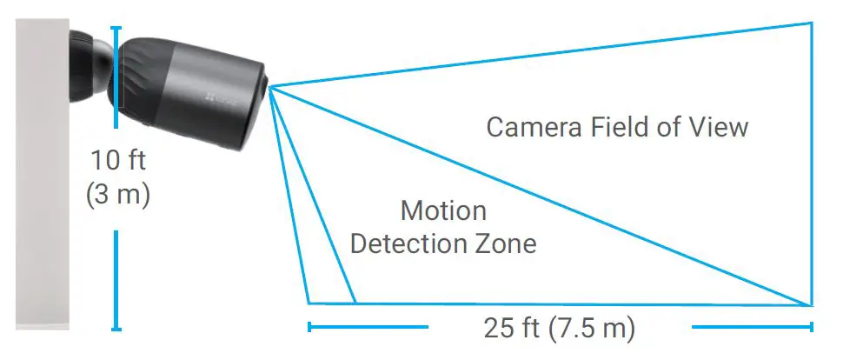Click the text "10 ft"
119,161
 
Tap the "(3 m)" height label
119,195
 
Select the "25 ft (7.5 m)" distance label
559,328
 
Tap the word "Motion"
443,211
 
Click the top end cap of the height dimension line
116,28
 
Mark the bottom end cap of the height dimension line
116,329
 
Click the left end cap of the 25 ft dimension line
309,327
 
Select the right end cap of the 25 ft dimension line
811,327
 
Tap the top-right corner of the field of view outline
811,23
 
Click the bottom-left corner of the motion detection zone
308,303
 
